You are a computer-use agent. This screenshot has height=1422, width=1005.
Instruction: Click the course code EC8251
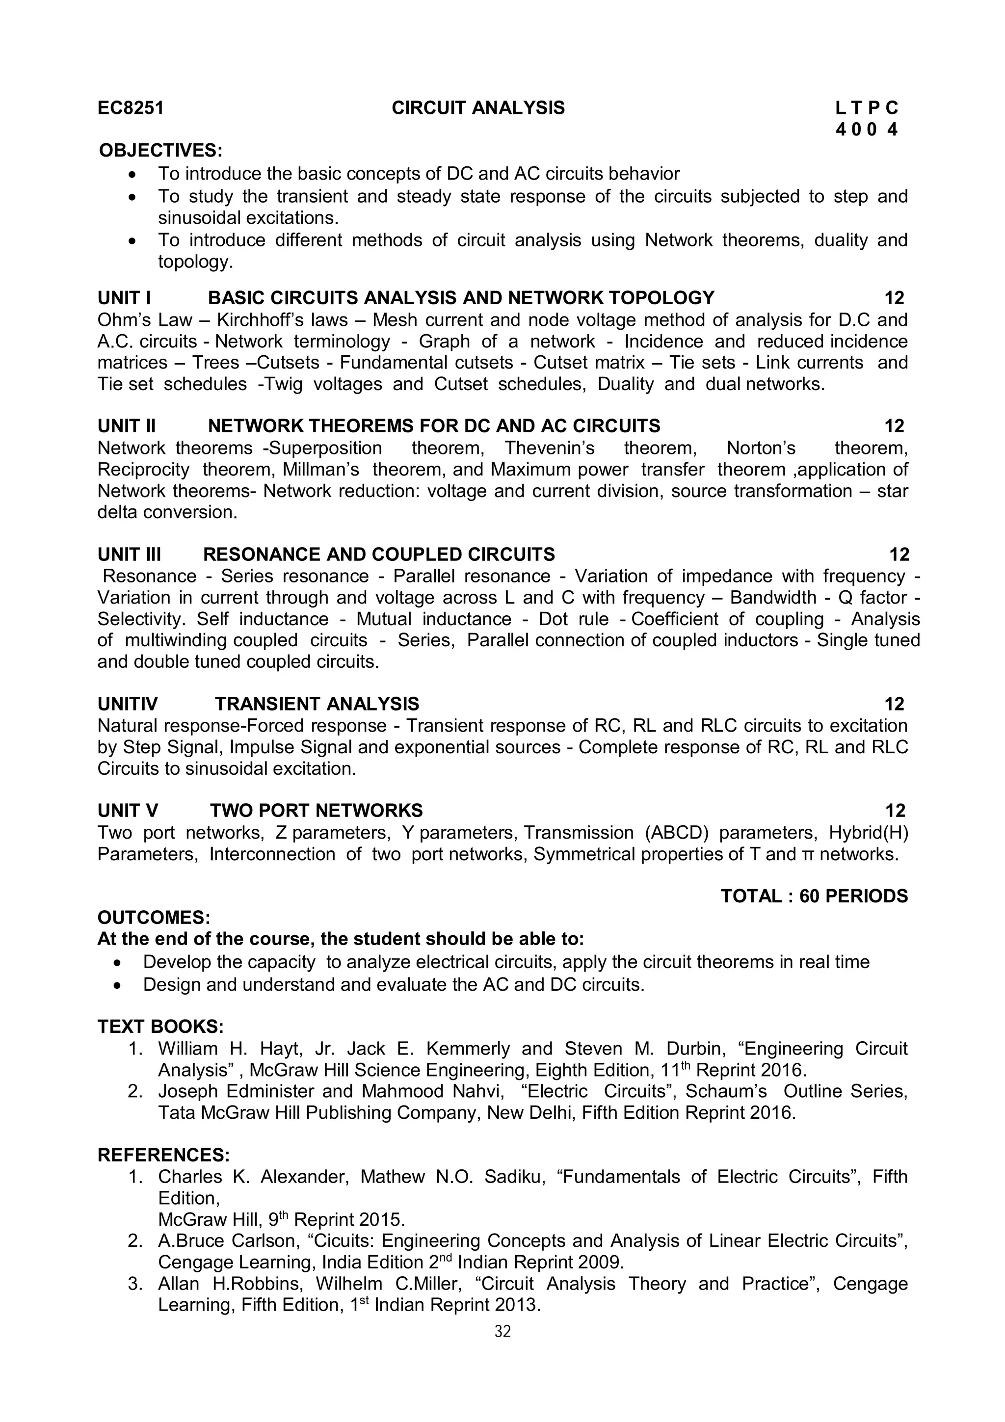tap(131, 108)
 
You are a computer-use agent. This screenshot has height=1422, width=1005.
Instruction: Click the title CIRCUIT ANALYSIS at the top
tap(477, 108)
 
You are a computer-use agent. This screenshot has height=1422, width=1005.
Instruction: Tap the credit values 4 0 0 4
tap(866, 130)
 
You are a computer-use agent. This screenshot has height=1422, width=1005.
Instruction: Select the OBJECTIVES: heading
tap(160, 151)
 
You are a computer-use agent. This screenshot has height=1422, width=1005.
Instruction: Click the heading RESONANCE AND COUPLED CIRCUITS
tap(378, 554)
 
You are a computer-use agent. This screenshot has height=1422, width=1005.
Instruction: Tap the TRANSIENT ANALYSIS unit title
tap(317, 704)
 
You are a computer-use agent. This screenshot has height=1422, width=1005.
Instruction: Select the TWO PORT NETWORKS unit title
tap(316, 811)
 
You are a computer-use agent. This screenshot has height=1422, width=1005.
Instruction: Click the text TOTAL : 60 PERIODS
tap(814, 896)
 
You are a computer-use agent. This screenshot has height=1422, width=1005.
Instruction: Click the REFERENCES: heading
tap(163, 1155)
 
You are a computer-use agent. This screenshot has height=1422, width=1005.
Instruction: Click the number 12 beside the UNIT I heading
tap(894, 298)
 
